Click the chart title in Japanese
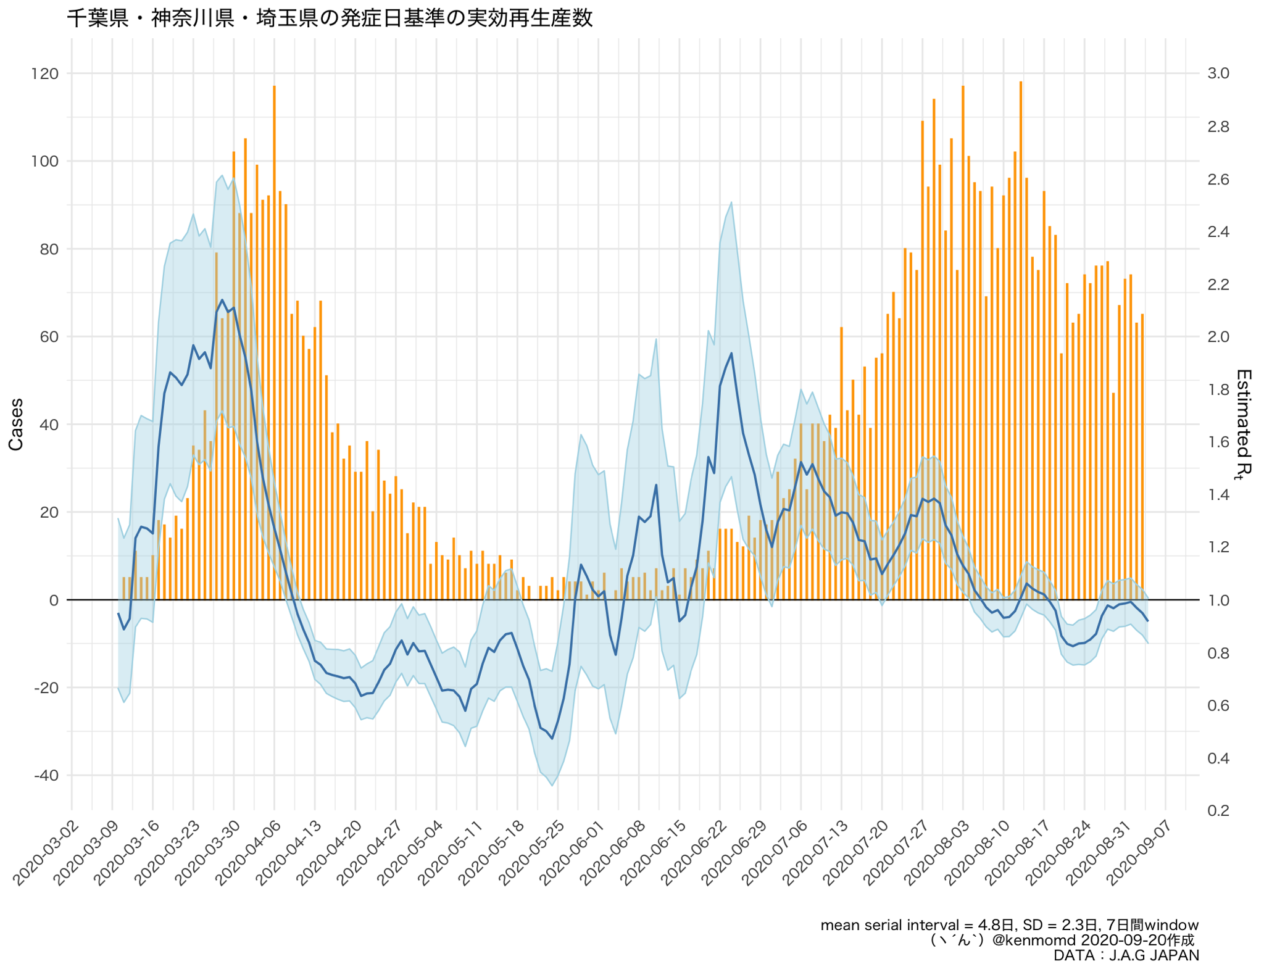pyautogui.click(x=330, y=18)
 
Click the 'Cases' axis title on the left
pyautogui.click(x=16, y=424)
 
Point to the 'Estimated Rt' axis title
pyautogui.click(x=1243, y=424)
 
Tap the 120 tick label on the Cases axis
pyautogui.click(x=44, y=74)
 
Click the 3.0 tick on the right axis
pyautogui.click(x=1218, y=73)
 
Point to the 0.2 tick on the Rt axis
pyautogui.click(x=1218, y=811)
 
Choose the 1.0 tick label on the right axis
pyautogui.click(x=1218, y=600)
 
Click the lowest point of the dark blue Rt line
pyautogui.click(x=552, y=739)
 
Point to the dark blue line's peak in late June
pyautogui.click(x=731, y=354)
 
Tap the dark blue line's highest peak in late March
pyautogui.click(x=222, y=301)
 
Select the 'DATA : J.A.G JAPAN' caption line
pyautogui.click(x=1126, y=955)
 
